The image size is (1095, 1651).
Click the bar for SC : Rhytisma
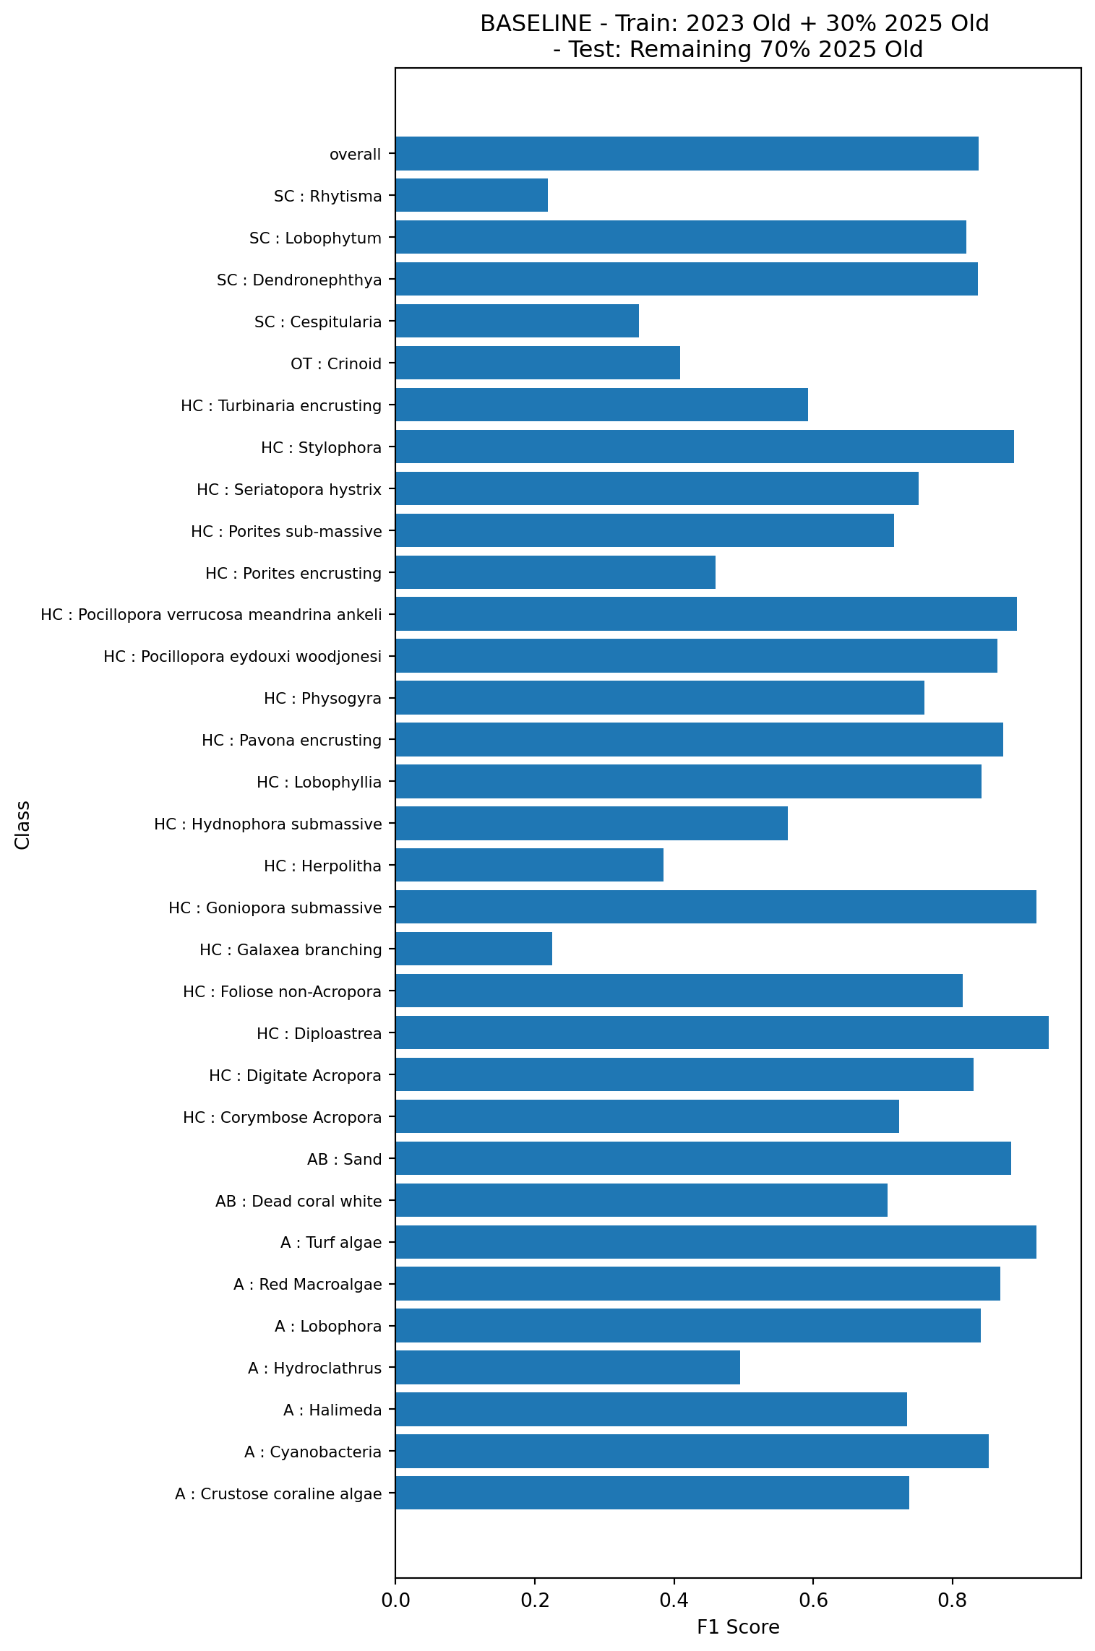(x=471, y=195)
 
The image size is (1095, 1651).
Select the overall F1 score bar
(x=687, y=153)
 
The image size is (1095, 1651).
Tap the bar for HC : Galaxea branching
(x=473, y=949)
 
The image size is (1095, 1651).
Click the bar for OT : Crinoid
(x=538, y=363)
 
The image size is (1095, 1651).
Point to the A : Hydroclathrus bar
(x=567, y=1367)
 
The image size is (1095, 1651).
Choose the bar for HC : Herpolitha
(x=529, y=865)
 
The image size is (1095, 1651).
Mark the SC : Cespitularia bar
(x=517, y=321)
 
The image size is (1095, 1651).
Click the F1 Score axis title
(x=738, y=1626)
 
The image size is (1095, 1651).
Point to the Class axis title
(x=23, y=824)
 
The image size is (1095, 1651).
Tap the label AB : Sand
(x=344, y=1159)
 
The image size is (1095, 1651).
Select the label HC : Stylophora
(x=321, y=448)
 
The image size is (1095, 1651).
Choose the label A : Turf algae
(x=331, y=1242)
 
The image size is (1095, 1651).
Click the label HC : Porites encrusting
(x=293, y=574)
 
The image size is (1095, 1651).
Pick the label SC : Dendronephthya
(x=299, y=280)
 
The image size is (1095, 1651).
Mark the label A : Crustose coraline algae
(x=278, y=1493)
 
